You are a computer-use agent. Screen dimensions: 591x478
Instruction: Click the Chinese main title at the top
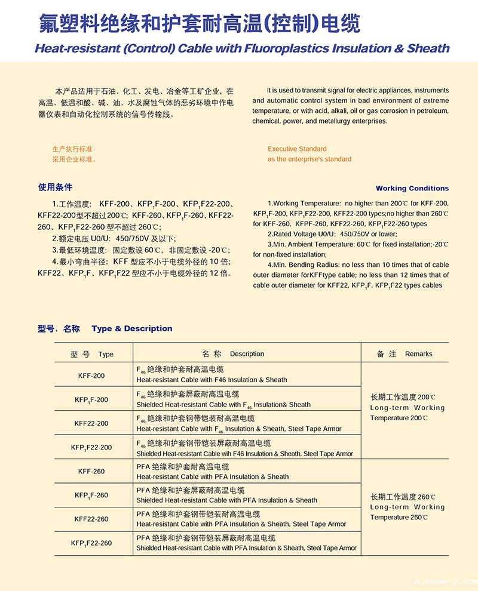200,24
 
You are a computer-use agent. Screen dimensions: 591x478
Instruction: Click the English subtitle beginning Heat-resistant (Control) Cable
242,48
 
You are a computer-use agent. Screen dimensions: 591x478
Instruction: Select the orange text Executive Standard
297,149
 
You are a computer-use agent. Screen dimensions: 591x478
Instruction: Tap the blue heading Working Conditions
412,188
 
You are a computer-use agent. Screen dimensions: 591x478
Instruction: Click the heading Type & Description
132,328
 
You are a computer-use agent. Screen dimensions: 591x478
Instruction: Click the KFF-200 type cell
91,375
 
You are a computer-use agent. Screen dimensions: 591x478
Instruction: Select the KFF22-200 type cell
91,423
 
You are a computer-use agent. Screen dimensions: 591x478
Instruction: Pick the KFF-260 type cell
91,472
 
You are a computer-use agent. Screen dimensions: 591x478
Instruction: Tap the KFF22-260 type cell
91,519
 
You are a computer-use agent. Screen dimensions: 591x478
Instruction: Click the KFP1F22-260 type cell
91,543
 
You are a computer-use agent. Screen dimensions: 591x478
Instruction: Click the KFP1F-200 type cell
91,399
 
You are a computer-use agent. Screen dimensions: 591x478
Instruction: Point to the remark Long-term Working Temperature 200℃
407,408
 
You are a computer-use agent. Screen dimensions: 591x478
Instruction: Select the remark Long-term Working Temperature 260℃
407,507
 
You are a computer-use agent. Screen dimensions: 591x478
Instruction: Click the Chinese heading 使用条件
55,187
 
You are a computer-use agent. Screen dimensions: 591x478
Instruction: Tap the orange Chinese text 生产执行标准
72,149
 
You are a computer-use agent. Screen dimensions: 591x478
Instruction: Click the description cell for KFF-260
212,472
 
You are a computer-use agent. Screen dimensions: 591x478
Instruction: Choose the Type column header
91,354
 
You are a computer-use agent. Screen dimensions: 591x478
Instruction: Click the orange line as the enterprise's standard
309,159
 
